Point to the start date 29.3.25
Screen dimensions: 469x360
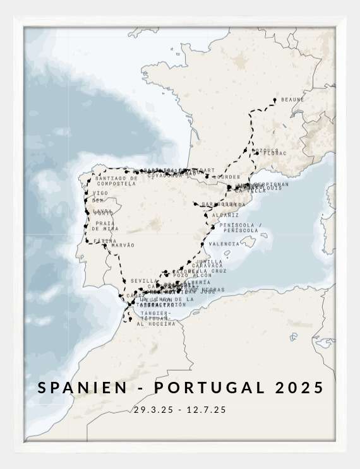point(153,410)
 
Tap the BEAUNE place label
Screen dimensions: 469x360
point(292,100)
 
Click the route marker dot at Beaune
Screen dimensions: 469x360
point(275,100)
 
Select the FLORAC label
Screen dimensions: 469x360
point(274,153)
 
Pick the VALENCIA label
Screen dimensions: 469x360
point(224,244)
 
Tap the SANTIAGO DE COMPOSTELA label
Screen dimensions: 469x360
point(117,181)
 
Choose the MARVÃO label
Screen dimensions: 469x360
point(123,245)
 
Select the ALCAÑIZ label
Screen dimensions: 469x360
point(225,215)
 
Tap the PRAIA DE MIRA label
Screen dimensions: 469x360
point(105,226)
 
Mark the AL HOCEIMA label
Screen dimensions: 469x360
point(155,324)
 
